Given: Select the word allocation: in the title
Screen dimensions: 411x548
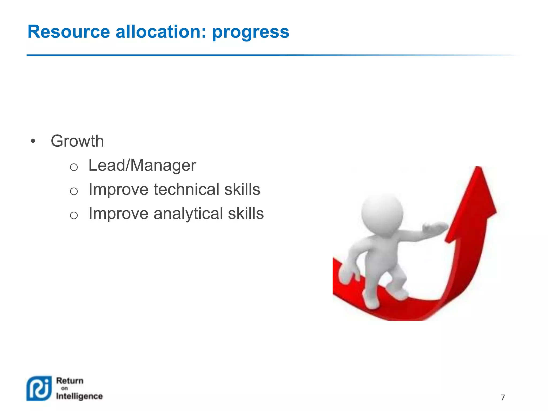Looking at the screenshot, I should coord(161,32).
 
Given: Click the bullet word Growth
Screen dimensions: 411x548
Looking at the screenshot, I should coord(77,141).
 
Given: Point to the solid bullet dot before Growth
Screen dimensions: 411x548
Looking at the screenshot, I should coord(33,141).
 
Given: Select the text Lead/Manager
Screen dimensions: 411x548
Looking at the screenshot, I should coord(142,165).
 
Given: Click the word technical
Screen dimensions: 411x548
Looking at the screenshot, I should coord(186,189).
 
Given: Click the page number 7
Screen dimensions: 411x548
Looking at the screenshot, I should coord(503,398).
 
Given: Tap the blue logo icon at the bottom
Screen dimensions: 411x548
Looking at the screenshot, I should coord(39,388).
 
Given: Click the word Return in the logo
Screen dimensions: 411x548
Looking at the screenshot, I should coord(70,380).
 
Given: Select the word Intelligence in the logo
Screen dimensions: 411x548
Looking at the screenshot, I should coord(79,396).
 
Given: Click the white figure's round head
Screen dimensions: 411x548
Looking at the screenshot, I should coord(382,213).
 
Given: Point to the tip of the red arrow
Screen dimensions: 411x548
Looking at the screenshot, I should coord(478,168).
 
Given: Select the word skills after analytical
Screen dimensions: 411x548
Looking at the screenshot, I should coord(246,214).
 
